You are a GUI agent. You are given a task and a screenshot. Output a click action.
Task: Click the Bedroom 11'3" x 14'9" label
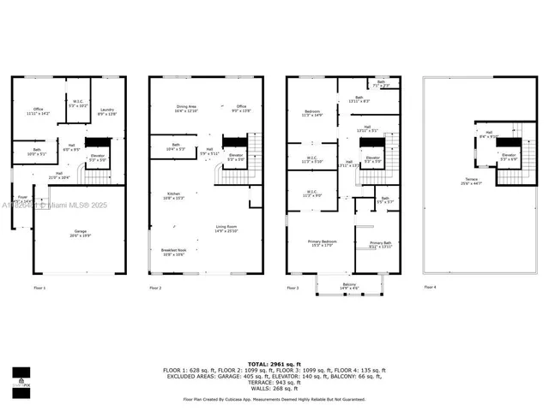(314, 114)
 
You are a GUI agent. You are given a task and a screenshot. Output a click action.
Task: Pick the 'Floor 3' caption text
(293, 289)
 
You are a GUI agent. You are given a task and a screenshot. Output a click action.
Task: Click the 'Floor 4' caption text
(430, 289)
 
